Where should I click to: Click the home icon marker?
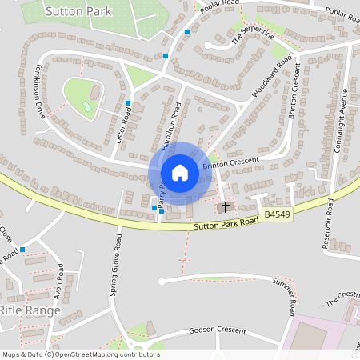click(x=180, y=172)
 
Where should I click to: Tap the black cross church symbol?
click(x=226, y=207)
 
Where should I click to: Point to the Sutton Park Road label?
click(x=226, y=223)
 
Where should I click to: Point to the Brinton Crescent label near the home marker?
click(x=231, y=162)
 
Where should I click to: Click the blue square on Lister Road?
click(x=128, y=103)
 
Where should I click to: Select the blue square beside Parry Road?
click(x=154, y=209)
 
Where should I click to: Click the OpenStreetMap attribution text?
click(x=80, y=354)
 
